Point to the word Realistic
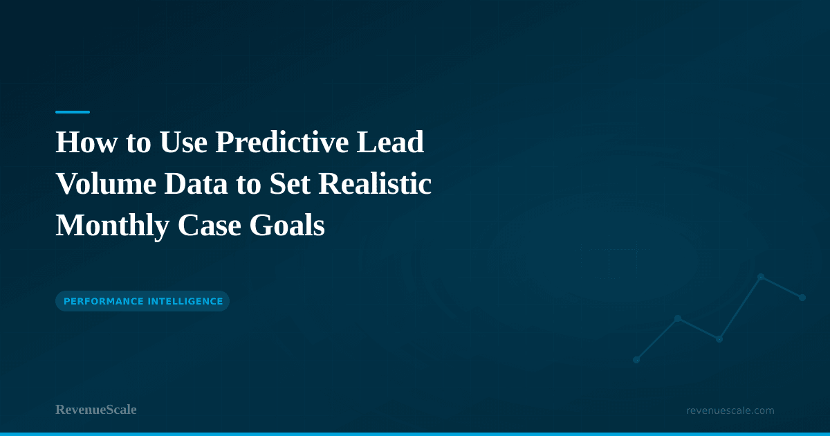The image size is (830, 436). (x=376, y=184)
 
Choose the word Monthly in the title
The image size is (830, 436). (x=111, y=226)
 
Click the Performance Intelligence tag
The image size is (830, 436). (x=142, y=301)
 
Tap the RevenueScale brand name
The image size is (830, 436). (x=96, y=410)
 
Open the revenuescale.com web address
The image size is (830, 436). (x=730, y=410)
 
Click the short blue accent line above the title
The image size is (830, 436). (x=73, y=111)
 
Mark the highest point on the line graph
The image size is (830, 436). (x=761, y=277)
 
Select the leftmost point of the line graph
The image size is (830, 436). (x=636, y=360)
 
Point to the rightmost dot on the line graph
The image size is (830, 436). (x=802, y=298)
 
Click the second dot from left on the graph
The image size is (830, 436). (x=678, y=318)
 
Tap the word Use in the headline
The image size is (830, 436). (x=184, y=143)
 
